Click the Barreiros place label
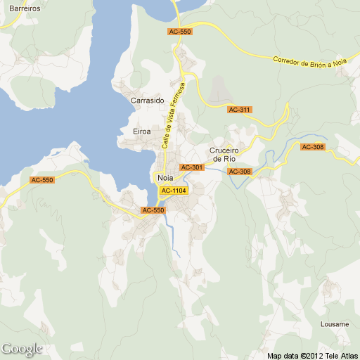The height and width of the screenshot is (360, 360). [x=20, y=9]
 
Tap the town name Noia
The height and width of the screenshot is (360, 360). [x=160, y=178]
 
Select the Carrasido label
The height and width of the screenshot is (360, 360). [x=148, y=101]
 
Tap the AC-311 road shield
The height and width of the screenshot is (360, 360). [x=240, y=110]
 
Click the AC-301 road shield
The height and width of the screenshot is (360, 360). [x=192, y=167]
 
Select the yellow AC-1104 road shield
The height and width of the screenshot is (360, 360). [x=174, y=191]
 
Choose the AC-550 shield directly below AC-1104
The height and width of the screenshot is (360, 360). [x=153, y=210]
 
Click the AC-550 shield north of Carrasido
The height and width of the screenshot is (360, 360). [x=180, y=32]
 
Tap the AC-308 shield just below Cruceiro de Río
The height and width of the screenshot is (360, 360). [x=240, y=172]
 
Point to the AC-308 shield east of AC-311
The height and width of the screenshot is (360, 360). [x=313, y=147]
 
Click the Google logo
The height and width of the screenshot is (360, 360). [x=22, y=349]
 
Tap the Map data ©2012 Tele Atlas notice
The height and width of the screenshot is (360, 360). [x=312, y=355]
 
